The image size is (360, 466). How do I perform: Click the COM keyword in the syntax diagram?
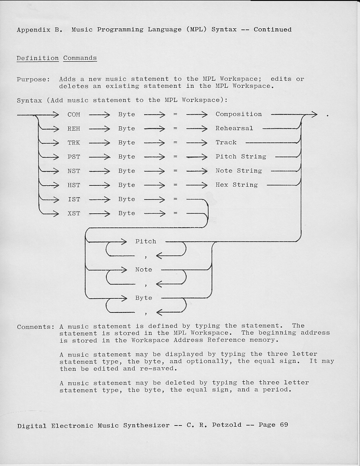[74, 114]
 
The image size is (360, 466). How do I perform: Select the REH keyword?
[74, 128]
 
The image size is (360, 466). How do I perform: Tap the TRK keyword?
[74, 143]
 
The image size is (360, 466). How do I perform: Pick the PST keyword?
[74, 157]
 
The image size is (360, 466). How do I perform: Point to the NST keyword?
[74, 171]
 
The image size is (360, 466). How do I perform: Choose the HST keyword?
[74, 185]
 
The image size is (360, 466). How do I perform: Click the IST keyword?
[74, 199]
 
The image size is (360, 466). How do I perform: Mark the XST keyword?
[74, 213]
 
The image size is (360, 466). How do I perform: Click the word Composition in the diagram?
[239, 114]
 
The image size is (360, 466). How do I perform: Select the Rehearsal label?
[234, 128]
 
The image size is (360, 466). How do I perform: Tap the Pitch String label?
[241, 157]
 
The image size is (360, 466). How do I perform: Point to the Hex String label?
[236, 185]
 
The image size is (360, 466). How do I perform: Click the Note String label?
[239, 171]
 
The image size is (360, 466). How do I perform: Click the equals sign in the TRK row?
[175, 143]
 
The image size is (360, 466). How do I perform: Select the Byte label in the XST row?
[127, 213]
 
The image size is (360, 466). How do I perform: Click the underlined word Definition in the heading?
[37, 58]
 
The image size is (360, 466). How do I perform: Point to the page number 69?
[284, 425]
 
